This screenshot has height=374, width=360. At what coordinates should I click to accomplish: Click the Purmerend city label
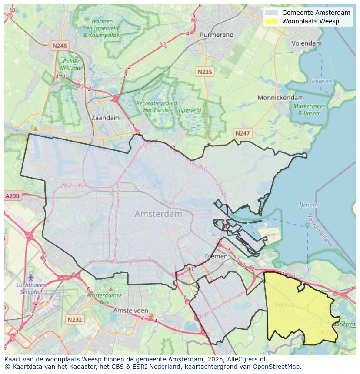pyautogui.click(x=217, y=35)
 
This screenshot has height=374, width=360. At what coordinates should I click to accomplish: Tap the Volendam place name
pyautogui.click(x=307, y=43)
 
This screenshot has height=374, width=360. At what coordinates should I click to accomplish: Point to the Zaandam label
pyautogui.click(x=105, y=118)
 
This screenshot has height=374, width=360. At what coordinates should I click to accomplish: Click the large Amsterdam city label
pyautogui.click(x=158, y=214)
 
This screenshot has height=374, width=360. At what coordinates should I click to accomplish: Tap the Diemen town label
pyautogui.click(x=216, y=256)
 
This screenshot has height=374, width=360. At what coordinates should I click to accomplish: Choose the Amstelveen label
pyautogui.click(x=130, y=311)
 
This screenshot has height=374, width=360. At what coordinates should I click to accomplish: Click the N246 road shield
pyautogui.click(x=59, y=46)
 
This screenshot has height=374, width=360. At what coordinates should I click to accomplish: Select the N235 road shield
pyautogui.click(x=204, y=72)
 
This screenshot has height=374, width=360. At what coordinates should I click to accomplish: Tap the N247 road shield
pyautogui.click(x=242, y=133)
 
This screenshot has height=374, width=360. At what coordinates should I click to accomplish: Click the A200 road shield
pyautogui.click(x=13, y=196)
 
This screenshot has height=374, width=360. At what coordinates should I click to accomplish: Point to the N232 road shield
pyautogui.click(x=74, y=320)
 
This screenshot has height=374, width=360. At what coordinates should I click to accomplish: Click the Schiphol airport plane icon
pyautogui.click(x=30, y=277)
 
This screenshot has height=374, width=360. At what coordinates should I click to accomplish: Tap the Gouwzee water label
pyautogui.click(x=321, y=81)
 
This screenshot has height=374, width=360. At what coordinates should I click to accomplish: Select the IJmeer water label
pyautogui.click(x=309, y=205)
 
